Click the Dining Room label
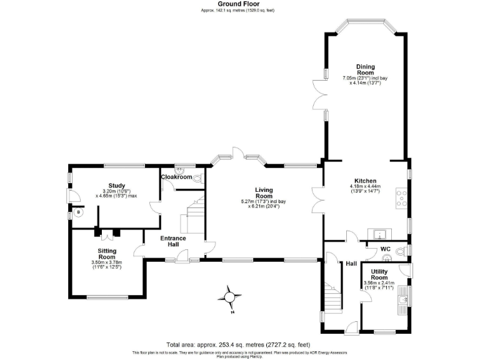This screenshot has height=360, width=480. click(x=366, y=69)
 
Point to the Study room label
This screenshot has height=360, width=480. click(x=117, y=186)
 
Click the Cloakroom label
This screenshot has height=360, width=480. click(x=176, y=177)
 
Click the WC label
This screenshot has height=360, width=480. click(x=385, y=249)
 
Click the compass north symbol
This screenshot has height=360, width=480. click(x=231, y=296)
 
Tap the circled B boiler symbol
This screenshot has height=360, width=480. click(x=78, y=212)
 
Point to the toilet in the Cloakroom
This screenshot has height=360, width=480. click(x=197, y=179)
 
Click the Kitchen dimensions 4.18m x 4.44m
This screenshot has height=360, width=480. click(x=365, y=189)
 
